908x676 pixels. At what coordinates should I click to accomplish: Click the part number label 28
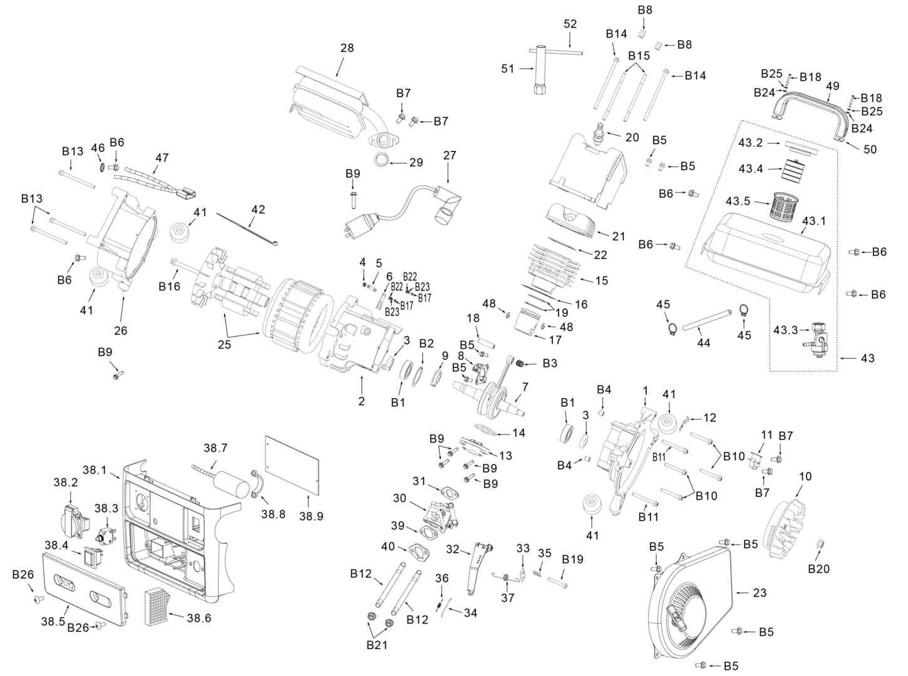[x=347, y=48]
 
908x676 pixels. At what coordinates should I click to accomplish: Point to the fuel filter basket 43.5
[x=786, y=205]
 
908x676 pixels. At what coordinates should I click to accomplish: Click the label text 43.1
[x=814, y=222]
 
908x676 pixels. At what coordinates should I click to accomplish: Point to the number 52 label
[x=570, y=24]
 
